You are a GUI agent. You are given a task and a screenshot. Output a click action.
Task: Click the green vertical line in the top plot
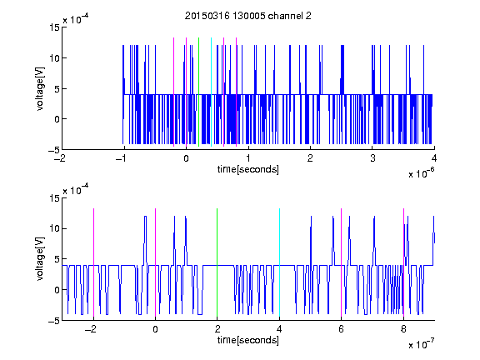tap(199, 92)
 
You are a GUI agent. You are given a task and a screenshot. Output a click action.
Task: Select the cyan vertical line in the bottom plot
tap(279, 262)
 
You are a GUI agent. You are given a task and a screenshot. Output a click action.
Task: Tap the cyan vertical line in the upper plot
tap(211, 92)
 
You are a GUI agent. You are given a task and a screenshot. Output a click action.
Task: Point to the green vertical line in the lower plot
tap(217, 262)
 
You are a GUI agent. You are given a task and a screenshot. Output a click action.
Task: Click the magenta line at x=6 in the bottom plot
tap(342, 262)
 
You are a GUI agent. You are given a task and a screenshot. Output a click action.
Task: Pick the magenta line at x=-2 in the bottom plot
tap(93, 262)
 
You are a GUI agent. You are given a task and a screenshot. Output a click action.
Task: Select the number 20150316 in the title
tap(207, 16)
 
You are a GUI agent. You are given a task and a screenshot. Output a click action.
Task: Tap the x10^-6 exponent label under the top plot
tap(421, 173)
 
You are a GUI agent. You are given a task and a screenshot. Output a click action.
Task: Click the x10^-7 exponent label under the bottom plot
tap(421, 344)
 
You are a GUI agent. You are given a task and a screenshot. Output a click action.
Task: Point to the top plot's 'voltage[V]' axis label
tap(40, 89)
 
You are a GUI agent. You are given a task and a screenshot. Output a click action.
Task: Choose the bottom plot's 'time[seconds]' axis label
tap(248, 340)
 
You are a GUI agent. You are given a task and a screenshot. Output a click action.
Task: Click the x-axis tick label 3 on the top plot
tap(372, 158)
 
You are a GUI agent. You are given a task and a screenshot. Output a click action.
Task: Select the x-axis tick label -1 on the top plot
tap(122, 158)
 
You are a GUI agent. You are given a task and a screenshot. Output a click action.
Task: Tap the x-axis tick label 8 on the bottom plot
tap(403, 329)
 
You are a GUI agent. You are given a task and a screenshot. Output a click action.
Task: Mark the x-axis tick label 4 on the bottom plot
tap(279, 329)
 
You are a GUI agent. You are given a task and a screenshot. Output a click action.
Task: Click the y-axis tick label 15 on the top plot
tap(54, 27)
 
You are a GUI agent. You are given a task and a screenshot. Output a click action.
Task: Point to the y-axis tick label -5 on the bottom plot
tap(54, 321)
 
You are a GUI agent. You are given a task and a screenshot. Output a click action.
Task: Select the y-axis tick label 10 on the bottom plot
tap(54, 228)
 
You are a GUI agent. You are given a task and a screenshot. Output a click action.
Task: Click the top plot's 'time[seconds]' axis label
tap(248, 169)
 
